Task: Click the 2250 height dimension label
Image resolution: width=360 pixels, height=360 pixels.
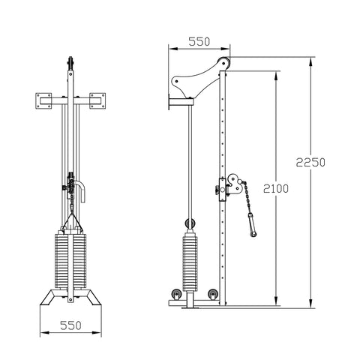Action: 310,163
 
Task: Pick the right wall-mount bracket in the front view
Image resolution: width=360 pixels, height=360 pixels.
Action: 99,98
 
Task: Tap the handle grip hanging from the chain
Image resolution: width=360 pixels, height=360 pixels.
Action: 250,223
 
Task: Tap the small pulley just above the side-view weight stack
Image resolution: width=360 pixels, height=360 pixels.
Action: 189,222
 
